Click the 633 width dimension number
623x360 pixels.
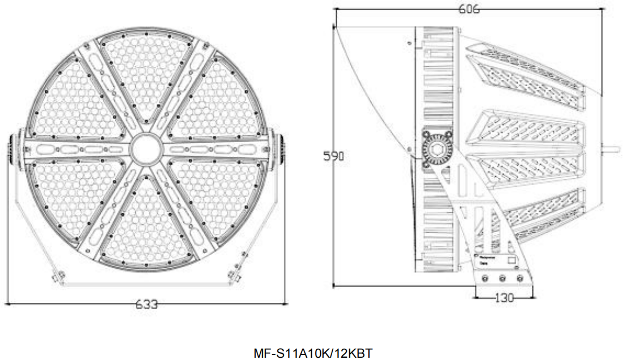tap(146, 305)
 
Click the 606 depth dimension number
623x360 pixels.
tap(469, 10)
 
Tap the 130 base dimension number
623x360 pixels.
tap(503, 297)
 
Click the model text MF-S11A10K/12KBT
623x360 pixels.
tap(312, 353)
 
